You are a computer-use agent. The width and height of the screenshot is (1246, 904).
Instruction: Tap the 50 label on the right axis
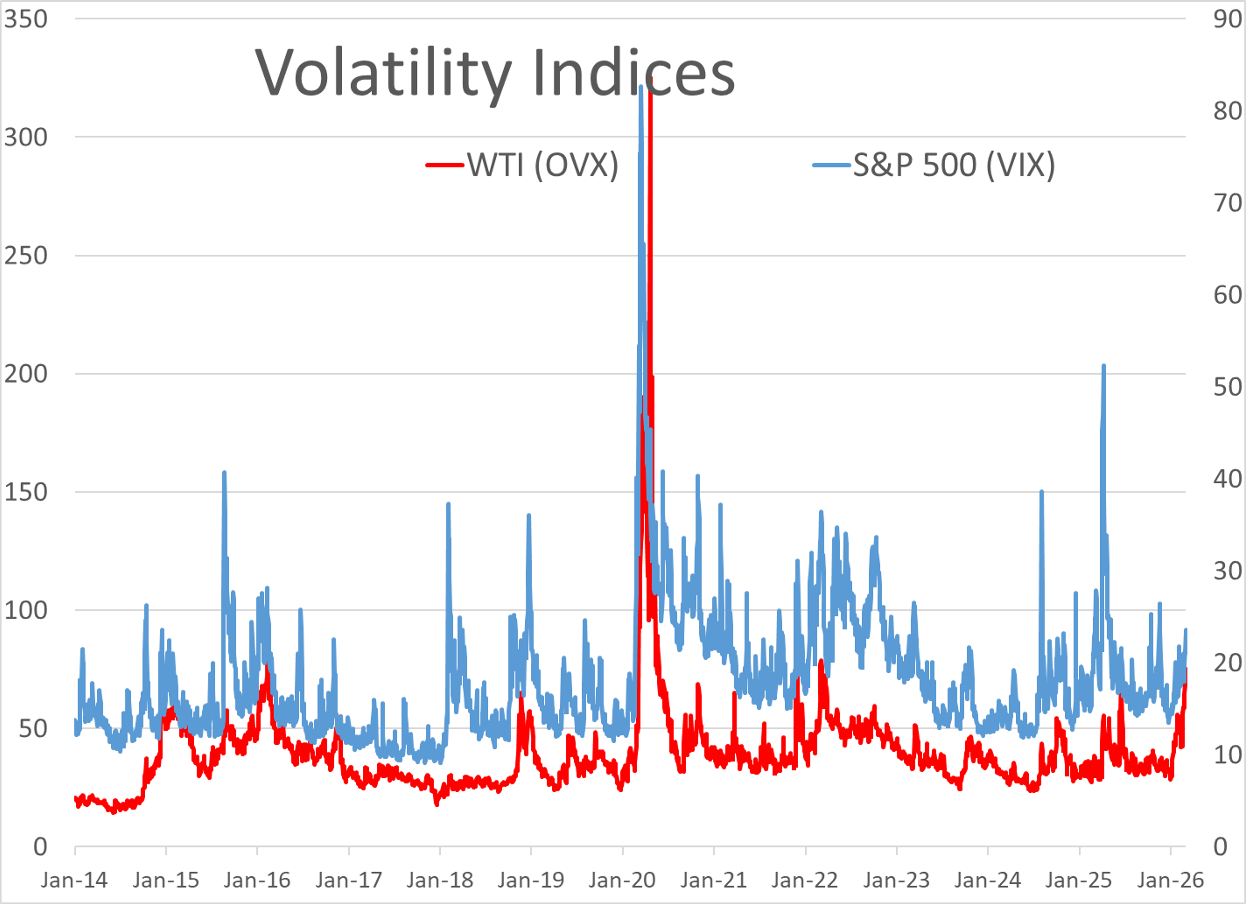click(x=1227, y=387)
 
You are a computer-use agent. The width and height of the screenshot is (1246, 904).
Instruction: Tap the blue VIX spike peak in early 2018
click(x=448, y=504)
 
